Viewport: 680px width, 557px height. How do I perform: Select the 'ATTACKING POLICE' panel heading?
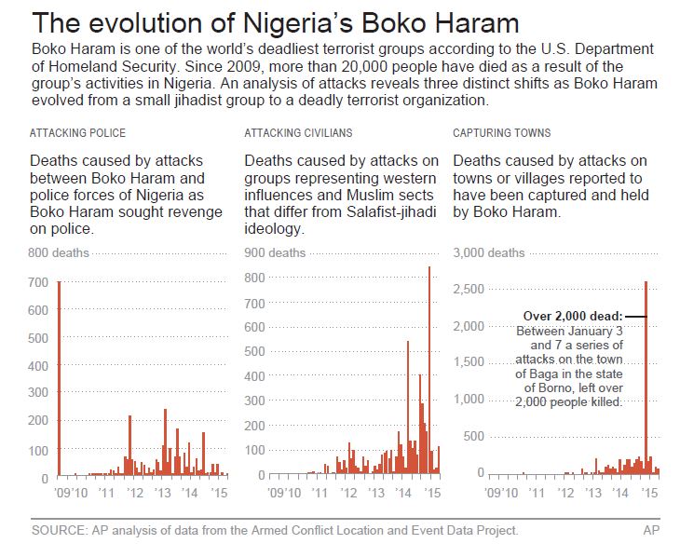point(78,133)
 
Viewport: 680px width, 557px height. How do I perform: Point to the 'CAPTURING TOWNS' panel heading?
point(501,133)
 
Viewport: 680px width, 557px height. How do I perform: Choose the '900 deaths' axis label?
point(274,252)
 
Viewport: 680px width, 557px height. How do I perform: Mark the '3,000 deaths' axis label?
point(488,252)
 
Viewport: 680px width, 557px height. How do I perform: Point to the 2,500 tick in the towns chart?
point(469,289)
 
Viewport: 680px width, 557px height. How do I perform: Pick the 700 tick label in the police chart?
point(40,283)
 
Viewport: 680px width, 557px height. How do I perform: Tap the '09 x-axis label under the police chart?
point(64,491)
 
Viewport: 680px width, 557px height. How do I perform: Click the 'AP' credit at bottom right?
point(651,530)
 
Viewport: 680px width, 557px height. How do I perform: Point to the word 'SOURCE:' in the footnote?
point(58,530)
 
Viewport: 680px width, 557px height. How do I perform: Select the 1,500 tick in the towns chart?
point(469,362)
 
